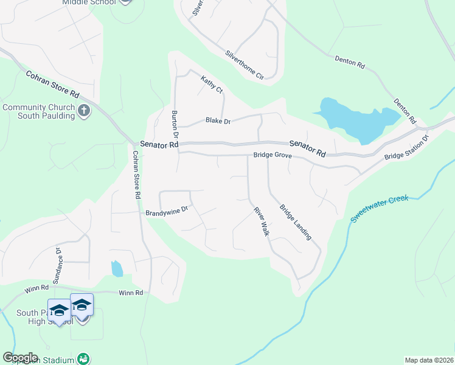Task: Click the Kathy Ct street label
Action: click(212, 83)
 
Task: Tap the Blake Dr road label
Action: click(218, 121)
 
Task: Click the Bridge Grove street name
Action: click(273, 156)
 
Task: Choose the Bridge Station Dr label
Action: click(407, 148)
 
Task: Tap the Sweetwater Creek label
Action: click(380, 207)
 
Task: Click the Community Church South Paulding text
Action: click(39, 112)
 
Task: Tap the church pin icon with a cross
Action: click(84, 111)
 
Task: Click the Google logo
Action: click(20, 358)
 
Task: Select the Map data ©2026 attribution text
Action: click(429, 360)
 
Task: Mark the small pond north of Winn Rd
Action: click(117, 268)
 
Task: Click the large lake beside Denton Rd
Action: click(353, 119)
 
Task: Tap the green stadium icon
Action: click(84, 359)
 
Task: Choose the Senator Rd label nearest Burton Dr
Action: click(159, 145)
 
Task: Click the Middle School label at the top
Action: click(89, 2)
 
